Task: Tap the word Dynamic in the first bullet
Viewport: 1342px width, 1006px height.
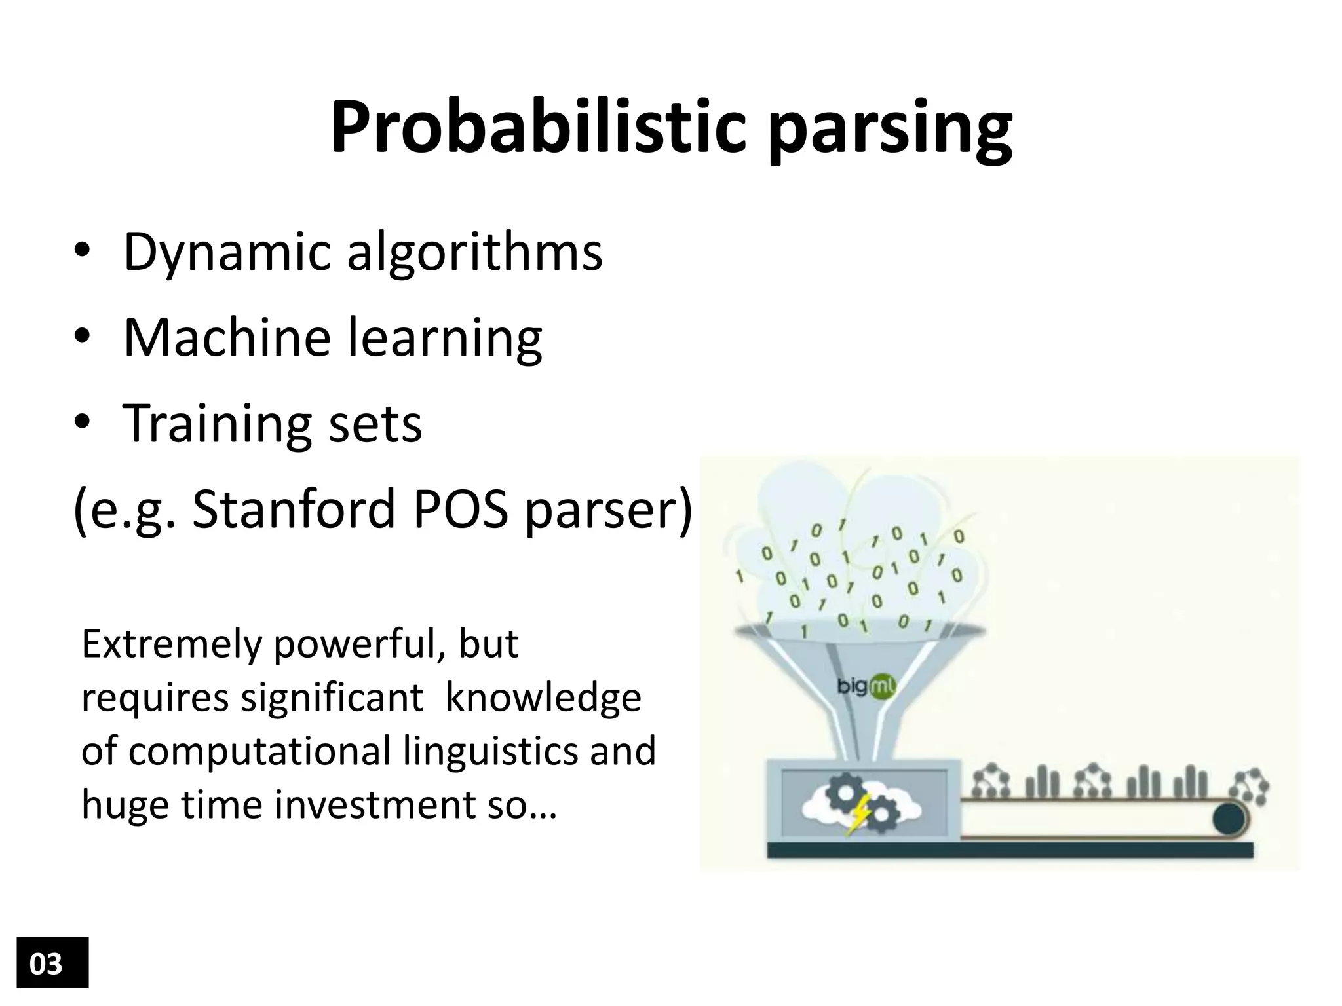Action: pos(227,254)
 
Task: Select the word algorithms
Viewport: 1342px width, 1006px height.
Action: pos(474,254)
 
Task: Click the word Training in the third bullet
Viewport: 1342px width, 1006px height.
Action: pos(216,424)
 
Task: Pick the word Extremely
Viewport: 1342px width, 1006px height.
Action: pos(171,645)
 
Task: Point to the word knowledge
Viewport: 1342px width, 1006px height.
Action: pos(543,698)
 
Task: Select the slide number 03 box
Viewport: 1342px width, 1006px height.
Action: pos(52,962)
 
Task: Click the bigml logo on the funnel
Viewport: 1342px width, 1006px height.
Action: pos(866,687)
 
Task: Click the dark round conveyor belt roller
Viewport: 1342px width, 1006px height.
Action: pos(1229,819)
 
